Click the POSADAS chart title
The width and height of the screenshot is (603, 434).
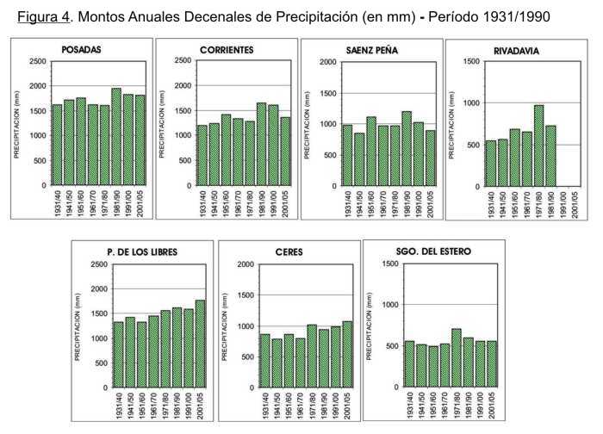tap(82, 50)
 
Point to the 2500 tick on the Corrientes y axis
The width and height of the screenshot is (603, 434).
tap(183, 60)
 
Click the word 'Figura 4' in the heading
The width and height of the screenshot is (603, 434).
tap(42, 17)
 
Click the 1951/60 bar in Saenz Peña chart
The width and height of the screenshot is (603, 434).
tap(371, 151)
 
